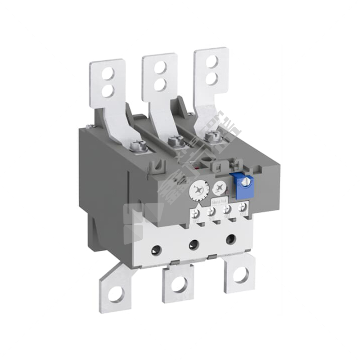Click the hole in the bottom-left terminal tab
(116, 294)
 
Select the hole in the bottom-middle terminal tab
(179, 284)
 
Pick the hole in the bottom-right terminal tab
(241, 274)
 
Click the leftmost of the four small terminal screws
(196, 213)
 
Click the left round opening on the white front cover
(156, 250)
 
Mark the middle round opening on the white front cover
(194, 244)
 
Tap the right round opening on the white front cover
(231, 239)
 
